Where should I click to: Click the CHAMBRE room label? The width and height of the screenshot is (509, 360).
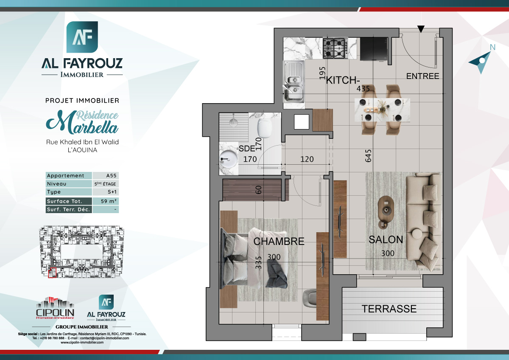pos(279,242)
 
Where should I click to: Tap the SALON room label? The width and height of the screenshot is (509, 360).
pos(386,239)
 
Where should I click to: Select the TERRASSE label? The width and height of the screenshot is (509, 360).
pos(389,309)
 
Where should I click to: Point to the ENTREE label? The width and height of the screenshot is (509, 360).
pos(422,76)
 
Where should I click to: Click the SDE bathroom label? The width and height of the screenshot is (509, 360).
pos(246,149)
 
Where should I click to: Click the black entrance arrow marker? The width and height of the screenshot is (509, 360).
pos(420,29)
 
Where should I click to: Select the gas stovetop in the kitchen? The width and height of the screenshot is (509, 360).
pos(334,48)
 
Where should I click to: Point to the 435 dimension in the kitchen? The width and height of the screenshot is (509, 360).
pos(363,89)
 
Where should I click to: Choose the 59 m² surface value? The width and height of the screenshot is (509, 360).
pos(106,201)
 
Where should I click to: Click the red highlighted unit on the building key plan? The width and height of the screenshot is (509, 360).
pos(53,272)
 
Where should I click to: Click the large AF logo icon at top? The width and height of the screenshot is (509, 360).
pos(82,37)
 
